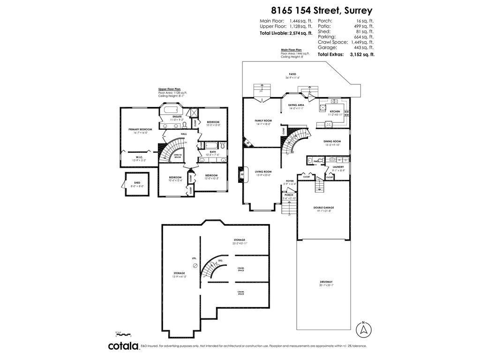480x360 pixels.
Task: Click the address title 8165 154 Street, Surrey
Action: (x=321, y=10)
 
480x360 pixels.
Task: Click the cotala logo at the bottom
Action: (x=123, y=346)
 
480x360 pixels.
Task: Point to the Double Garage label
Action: (x=323, y=207)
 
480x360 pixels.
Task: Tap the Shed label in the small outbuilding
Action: (x=137, y=183)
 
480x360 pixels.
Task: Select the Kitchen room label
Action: (x=335, y=112)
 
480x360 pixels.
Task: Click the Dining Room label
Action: (x=332, y=141)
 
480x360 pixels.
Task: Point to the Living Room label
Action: (x=263, y=172)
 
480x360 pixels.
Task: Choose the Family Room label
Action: (x=263, y=120)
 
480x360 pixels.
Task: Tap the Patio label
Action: (x=292, y=74)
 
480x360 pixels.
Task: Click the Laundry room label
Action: (x=338, y=167)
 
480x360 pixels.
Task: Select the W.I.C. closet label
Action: (x=139, y=157)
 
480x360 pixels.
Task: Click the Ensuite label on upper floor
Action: (x=177, y=117)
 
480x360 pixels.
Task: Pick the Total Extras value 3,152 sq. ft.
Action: (x=360, y=54)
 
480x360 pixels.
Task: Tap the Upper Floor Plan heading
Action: (x=169, y=89)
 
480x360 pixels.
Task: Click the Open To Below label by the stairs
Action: (x=178, y=156)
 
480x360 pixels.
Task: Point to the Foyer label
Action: (x=290, y=180)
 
